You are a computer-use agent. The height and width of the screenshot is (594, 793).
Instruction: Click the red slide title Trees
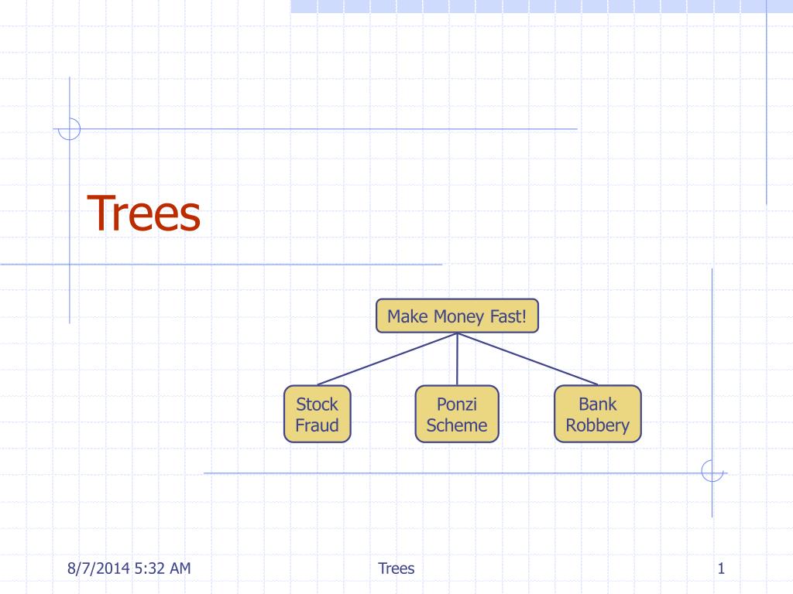(143, 213)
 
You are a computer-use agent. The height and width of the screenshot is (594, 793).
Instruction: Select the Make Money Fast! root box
(457, 316)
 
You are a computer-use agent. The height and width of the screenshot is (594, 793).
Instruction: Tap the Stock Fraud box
(317, 415)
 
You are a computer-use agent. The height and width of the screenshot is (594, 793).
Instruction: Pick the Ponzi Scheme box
(457, 415)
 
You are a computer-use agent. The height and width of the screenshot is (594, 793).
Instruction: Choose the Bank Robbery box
(598, 415)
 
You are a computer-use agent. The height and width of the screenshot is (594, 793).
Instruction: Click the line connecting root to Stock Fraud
(387, 359)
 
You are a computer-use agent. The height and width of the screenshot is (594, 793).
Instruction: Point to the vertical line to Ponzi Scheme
(457, 359)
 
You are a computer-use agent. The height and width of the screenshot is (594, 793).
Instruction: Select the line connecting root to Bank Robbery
(527, 359)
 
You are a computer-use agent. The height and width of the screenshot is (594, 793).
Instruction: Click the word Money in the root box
(458, 316)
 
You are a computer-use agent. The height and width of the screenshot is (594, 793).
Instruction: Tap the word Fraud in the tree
(317, 425)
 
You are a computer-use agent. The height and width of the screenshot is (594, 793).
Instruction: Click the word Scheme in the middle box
(457, 425)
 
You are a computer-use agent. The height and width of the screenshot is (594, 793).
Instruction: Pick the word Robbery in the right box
(597, 426)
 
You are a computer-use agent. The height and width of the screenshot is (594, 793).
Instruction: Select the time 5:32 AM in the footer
(163, 568)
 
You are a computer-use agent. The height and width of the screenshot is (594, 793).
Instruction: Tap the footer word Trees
(396, 568)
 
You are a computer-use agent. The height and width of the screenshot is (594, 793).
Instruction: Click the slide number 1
(721, 568)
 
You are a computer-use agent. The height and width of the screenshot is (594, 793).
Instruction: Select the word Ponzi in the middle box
(457, 404)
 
